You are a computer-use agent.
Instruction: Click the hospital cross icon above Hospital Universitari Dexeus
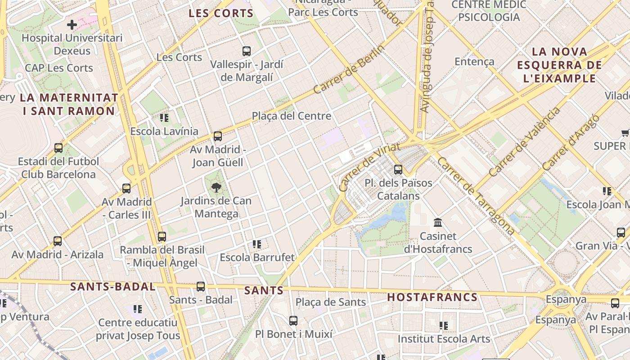tap(72, 24)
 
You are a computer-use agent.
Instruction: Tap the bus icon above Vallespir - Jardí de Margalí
tap(246, 51)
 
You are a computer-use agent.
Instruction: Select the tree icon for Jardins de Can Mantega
tap(216, 188)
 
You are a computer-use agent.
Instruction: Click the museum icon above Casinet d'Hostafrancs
tap(438, 222)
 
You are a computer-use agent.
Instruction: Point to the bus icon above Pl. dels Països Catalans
tap(398, 170)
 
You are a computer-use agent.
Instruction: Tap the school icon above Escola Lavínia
tap(164, 118)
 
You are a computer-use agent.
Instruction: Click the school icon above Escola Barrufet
tap(257, 244)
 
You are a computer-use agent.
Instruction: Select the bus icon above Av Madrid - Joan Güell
tap(218, 136)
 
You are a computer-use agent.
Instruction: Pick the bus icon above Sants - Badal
tap(201, 286)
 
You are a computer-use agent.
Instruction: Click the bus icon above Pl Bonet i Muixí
tap(293, 321)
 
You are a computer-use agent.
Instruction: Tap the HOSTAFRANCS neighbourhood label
tap(432, 297)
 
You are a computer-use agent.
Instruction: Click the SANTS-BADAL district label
tap(113, 287)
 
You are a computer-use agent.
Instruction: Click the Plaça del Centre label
tap(291, 116)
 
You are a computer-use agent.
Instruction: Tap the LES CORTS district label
tap(221, 13)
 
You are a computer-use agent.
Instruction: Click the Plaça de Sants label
tap(331, 302)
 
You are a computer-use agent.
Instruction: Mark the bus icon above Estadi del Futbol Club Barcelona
tap(58, 148)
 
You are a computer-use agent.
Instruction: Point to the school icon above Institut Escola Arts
tap(444, 325)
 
